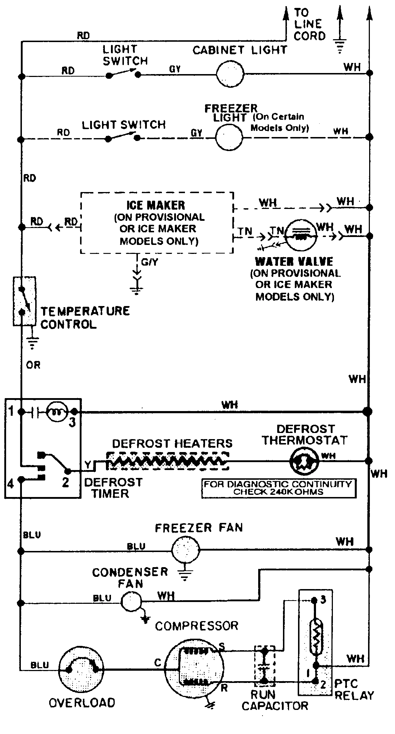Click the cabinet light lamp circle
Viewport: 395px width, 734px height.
tap(230, 74)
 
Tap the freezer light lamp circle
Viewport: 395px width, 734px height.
tap(229, 137)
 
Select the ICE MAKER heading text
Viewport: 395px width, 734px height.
tap(156, 205)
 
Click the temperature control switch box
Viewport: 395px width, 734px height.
tap(24, 301)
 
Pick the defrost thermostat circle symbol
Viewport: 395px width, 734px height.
tap(304, 461)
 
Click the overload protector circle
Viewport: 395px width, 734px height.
tap(82, 669)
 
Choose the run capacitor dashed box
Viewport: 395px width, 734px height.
tap(265, 666)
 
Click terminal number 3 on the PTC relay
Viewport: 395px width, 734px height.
tap(323, 601)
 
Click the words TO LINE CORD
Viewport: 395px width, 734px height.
tap(309, 24)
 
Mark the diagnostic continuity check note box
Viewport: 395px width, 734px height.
tap(279, 488)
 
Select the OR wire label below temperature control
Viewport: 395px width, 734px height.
tap(33, 365)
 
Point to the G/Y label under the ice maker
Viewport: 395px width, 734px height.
tap(149, 262)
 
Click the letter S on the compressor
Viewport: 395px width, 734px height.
tap(222, 647)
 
